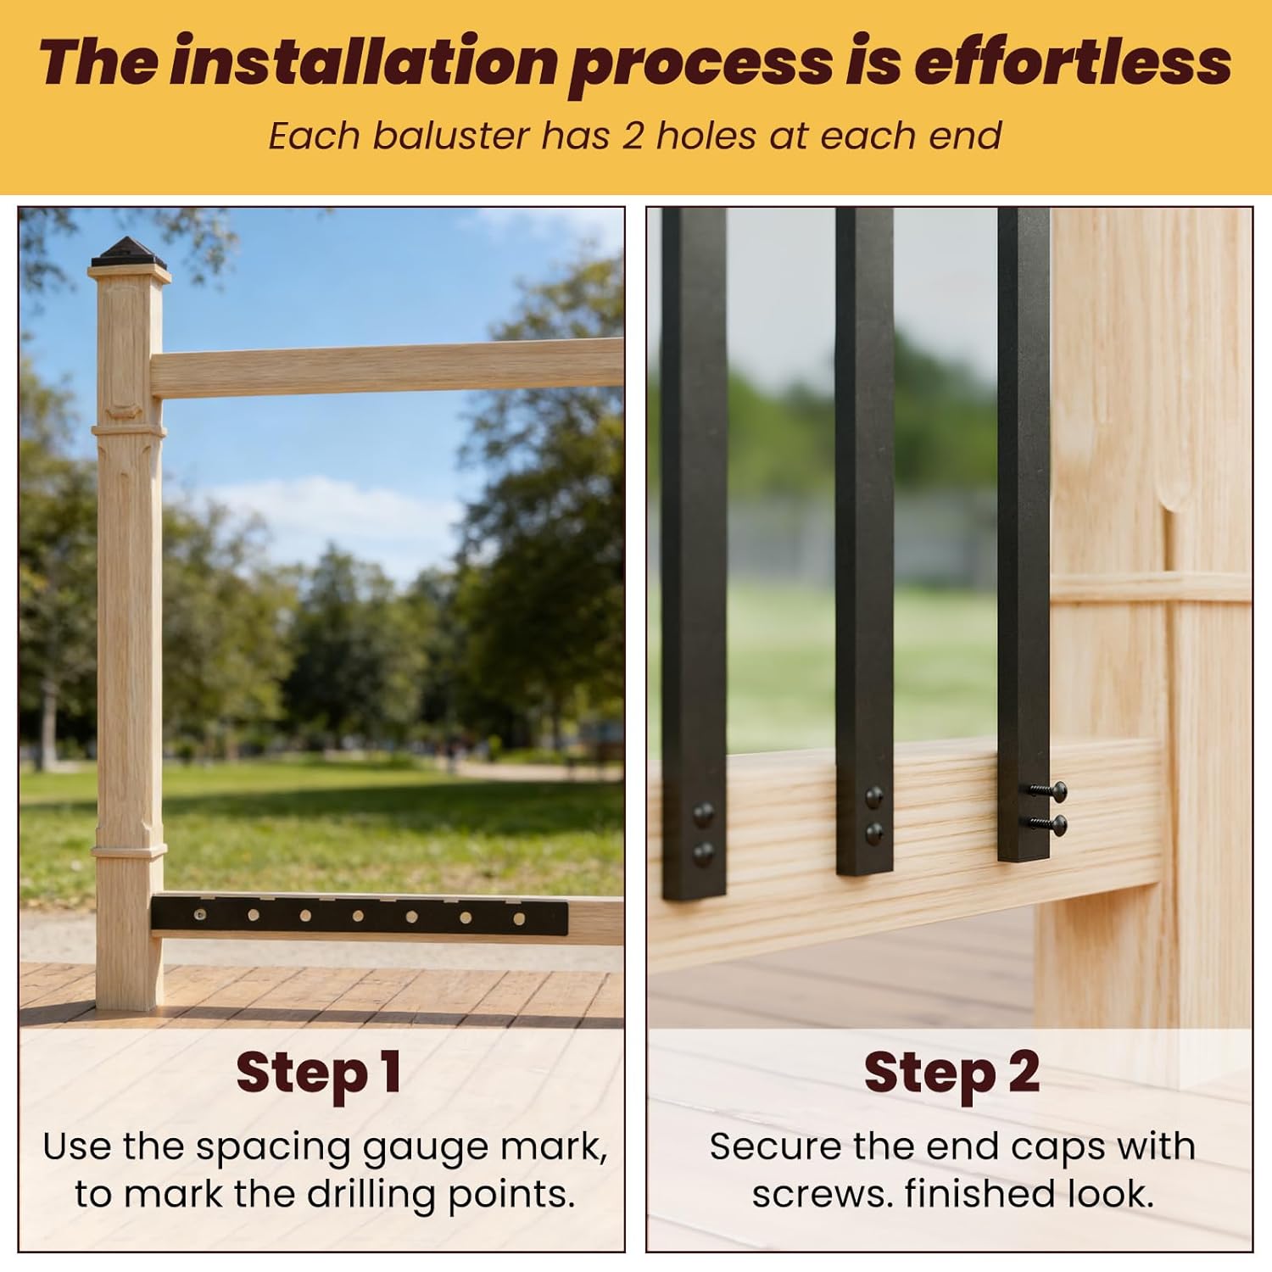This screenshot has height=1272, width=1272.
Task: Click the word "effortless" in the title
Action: coord(1072,61)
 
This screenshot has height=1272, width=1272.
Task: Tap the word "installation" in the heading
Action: coord(363,61)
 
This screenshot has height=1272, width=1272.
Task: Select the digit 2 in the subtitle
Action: coord(633,136)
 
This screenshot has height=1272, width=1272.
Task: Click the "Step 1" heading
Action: coord(319,1073)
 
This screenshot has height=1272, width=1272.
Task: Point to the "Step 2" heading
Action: coord(951,1073)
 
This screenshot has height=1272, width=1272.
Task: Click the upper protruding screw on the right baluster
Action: coord(1050,790)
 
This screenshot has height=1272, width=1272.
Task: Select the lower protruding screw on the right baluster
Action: coord(1050,822)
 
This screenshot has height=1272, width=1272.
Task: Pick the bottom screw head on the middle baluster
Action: coord(873,834)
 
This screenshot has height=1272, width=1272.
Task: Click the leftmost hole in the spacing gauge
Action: coord(200,915)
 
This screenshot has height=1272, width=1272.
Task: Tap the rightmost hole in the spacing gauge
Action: coord(519,918)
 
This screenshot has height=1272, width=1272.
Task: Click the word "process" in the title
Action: coord(701,61)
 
